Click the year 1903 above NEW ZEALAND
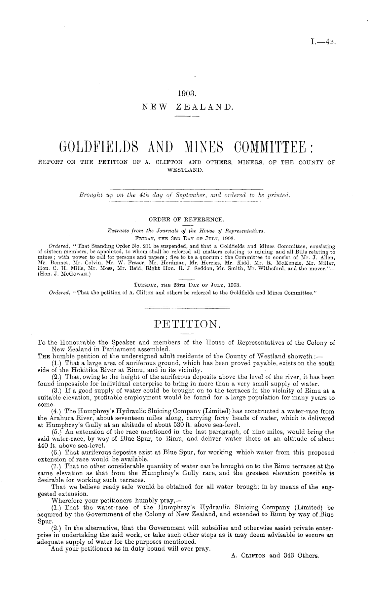pos(187,94)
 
